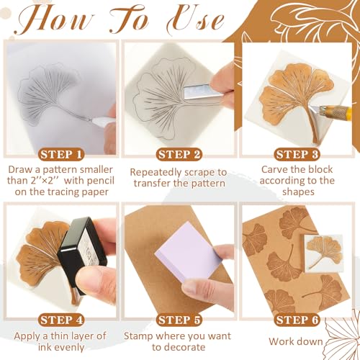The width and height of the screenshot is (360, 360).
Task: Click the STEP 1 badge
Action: point(60,155)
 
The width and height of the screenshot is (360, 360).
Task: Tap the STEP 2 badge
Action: point(179,155)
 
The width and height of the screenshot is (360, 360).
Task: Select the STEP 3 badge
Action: point(297,155)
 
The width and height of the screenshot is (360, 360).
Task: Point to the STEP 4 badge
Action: point(60,320)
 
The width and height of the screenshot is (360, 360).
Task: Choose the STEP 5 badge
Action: point(179,320)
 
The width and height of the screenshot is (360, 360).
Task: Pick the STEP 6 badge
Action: point(297,320)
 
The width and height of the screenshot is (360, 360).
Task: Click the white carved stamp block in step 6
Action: point(323,253)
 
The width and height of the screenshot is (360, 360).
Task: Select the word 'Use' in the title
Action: point(195,19)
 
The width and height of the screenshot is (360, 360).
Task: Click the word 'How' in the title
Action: point(55,19)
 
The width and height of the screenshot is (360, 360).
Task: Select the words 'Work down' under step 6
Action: point(295,341)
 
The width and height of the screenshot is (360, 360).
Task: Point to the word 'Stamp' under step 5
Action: point(139,337)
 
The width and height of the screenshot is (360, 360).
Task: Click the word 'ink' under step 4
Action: point(45,347)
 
